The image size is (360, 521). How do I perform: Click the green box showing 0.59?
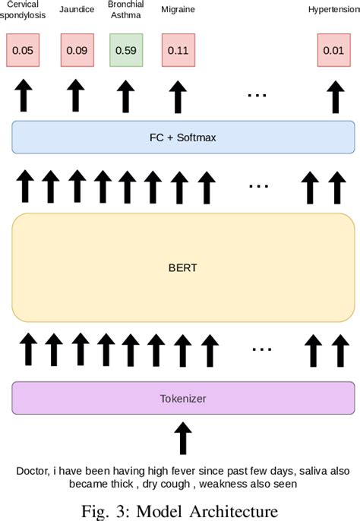(126, 50)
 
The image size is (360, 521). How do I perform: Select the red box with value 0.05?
(23, 50)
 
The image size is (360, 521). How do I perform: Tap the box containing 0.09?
(76, 50)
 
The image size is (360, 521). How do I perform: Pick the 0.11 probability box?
(177, 50)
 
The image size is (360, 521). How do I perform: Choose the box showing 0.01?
(333, 50)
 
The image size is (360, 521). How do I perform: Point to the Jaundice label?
(76, 10)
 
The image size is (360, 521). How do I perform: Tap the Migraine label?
(177, 10)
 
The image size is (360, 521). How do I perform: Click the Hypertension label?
(333, 10)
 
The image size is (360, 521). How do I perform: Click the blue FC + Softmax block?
(183, 137)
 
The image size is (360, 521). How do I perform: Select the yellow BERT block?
(183, 267)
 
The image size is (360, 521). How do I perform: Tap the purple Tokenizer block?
(183, 398)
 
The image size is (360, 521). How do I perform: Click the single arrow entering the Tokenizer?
(183, 438)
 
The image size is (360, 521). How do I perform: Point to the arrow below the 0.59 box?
(126, 96)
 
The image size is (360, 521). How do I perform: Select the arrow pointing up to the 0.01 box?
(333, 96)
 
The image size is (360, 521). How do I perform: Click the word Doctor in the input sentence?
(33, 471)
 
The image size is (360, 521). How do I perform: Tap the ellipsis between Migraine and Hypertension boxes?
(257, 96)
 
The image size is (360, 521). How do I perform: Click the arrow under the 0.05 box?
(23, 96)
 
